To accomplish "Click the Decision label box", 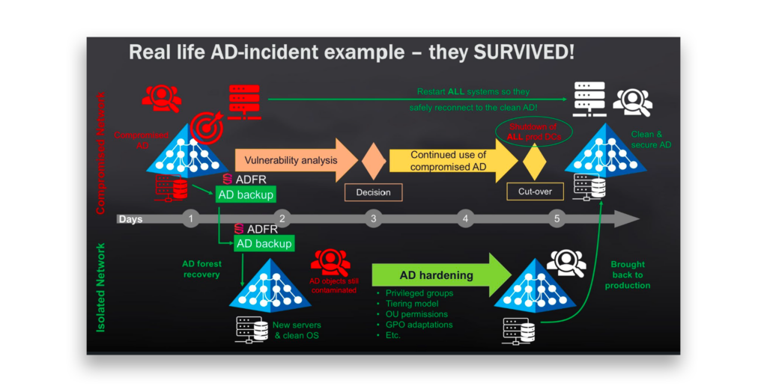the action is (x=373, y=192).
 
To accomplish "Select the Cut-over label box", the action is (x=535, y=192).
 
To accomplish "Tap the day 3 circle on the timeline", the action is (x=373, y=218).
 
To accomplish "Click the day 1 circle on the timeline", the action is (x=191, y=218).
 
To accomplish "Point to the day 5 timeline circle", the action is (x=557, y=218).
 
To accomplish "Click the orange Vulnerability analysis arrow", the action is (x=296, y=160).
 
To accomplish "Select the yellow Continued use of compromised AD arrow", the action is (x=453, y=160).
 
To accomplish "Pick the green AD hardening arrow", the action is (x=442, y=275).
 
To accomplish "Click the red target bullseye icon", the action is (x=207, y=127).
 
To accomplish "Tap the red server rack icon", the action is (x=244, y=102).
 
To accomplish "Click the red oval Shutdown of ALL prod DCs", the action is (x=533, y=132).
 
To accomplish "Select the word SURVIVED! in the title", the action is (x=524, y=52).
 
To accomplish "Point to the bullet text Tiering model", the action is (x=412, y=304).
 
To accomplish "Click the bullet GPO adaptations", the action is (x=419, y=325).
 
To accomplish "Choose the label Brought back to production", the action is (x=628, y=275).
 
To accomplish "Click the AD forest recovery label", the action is (x=201, y=269).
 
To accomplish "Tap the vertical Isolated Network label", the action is (x=101, y=288).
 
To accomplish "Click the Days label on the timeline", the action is (x=130, y=219).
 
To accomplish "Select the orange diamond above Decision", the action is (x=373, y=161).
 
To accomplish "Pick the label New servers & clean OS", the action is (x=297, y=330).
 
